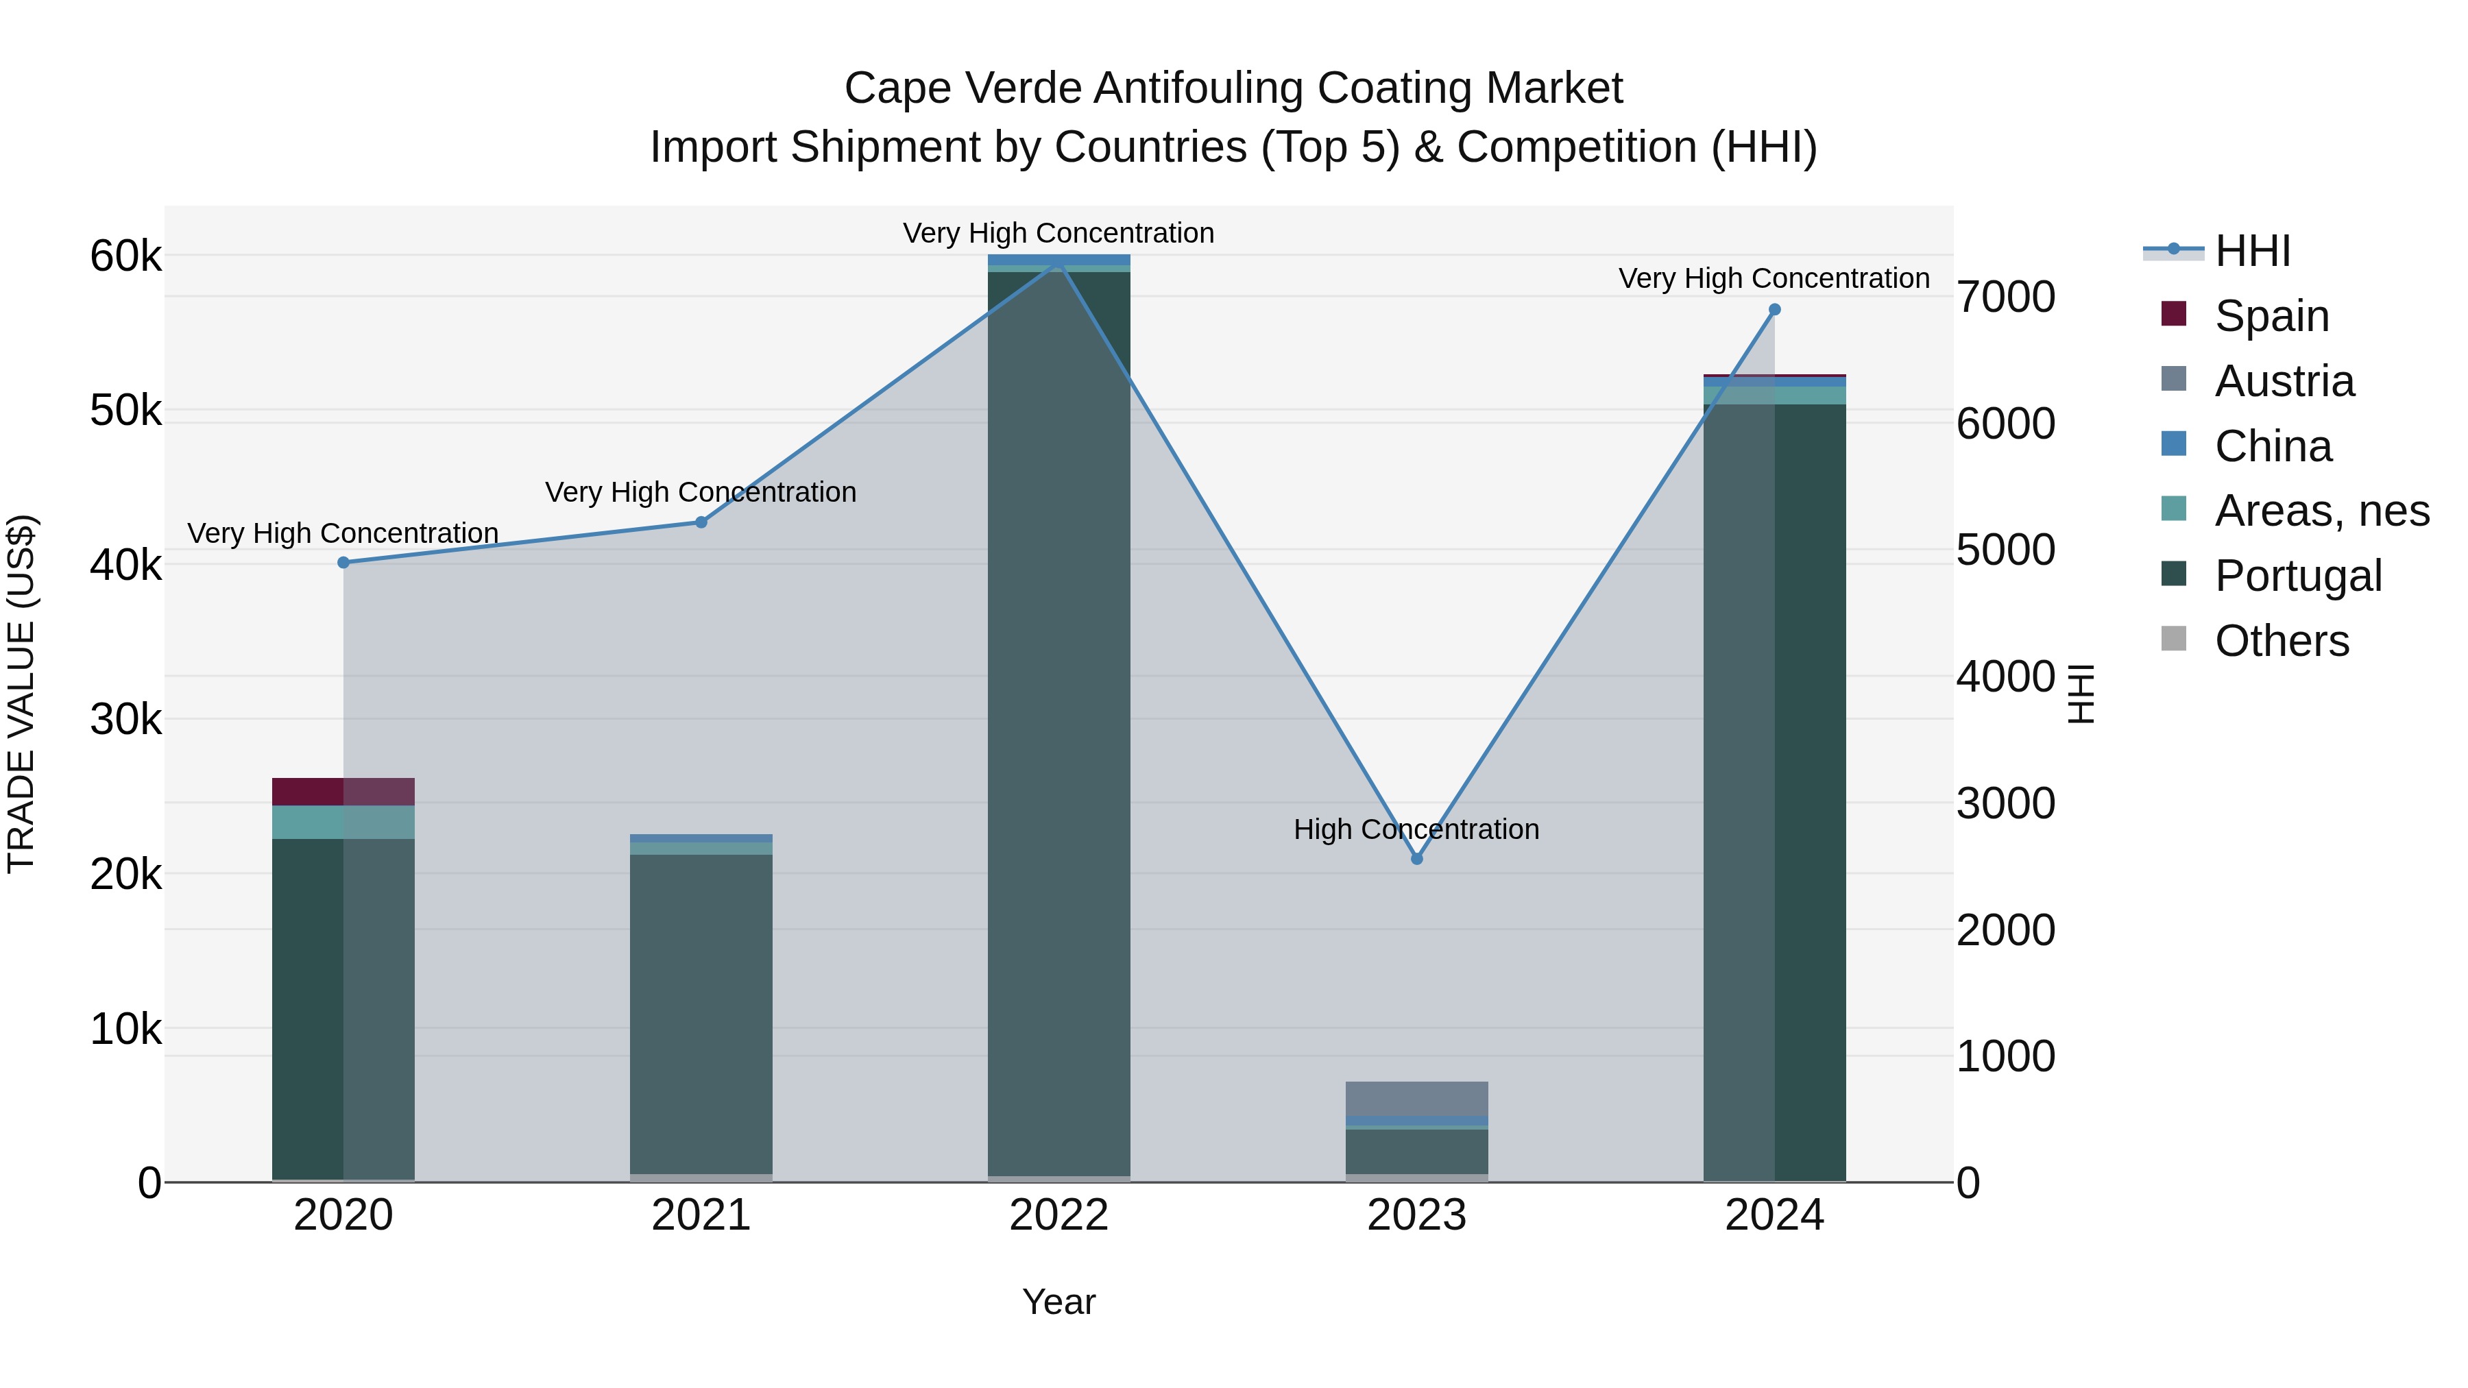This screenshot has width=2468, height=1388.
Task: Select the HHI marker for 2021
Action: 701,522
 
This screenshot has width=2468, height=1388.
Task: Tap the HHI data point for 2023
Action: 1417,858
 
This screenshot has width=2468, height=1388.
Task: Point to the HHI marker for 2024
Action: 1774,309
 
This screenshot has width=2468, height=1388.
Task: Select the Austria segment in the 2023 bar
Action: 1417,1098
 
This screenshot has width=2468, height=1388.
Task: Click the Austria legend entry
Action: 2284,381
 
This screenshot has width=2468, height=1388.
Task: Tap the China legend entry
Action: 2273,446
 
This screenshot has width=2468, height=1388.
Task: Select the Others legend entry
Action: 2281,641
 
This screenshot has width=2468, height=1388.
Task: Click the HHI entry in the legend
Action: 2251,251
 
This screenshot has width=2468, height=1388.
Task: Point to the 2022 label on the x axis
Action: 1058,1215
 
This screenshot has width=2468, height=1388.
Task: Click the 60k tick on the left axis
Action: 125,257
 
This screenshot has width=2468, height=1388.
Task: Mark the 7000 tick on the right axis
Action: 2005,297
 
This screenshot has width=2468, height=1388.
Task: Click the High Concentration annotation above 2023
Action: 1416,829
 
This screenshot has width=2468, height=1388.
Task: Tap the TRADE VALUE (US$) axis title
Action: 21,694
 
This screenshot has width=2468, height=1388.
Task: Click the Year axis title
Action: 1058,1302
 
